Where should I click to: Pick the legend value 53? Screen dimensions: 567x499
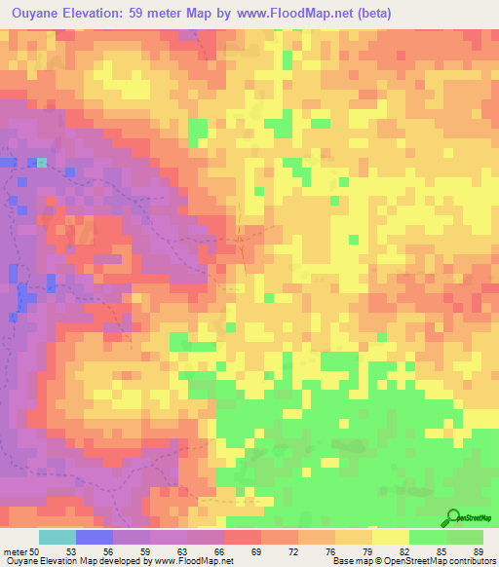click(x=71, y=552)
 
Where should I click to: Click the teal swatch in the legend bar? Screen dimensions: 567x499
click(x=58, y=537)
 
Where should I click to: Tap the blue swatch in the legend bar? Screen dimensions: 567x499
click(x=95, y=537)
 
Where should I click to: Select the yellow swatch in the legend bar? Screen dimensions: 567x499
click(x=391, y=537)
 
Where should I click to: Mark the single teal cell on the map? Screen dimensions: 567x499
click(x=42, y=163)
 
